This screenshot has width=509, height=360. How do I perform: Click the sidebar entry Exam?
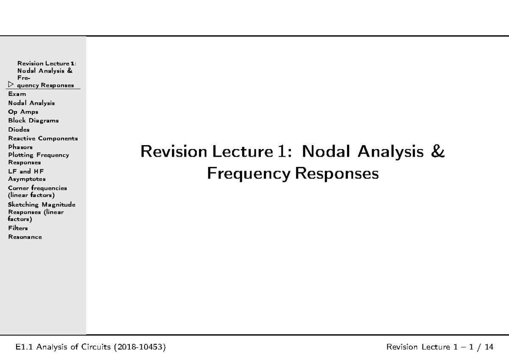17,94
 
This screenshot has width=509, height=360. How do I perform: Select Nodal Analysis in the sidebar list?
31,103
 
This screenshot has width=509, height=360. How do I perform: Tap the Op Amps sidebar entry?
23,112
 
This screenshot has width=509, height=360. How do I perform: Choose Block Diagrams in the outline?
34,121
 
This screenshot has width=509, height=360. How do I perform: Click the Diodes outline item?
19,129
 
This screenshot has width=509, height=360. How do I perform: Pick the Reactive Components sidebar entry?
43,138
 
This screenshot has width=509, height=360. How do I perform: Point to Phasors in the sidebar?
20,147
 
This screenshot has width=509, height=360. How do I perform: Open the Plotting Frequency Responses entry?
39,158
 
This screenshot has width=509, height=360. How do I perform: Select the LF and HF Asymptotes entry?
27,175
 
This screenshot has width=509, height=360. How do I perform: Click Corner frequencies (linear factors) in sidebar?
37,191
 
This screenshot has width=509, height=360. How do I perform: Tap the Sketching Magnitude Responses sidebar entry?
42,212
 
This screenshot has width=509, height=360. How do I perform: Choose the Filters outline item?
18,228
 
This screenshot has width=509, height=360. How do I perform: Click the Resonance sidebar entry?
25,237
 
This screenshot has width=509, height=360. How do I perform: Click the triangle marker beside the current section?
11,84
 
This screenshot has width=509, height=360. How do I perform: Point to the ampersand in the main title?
437,151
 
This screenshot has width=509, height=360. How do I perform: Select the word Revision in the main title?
174,151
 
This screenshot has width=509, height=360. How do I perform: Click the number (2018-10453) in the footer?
140,347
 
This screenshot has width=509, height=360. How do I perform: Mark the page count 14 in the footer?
489,347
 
